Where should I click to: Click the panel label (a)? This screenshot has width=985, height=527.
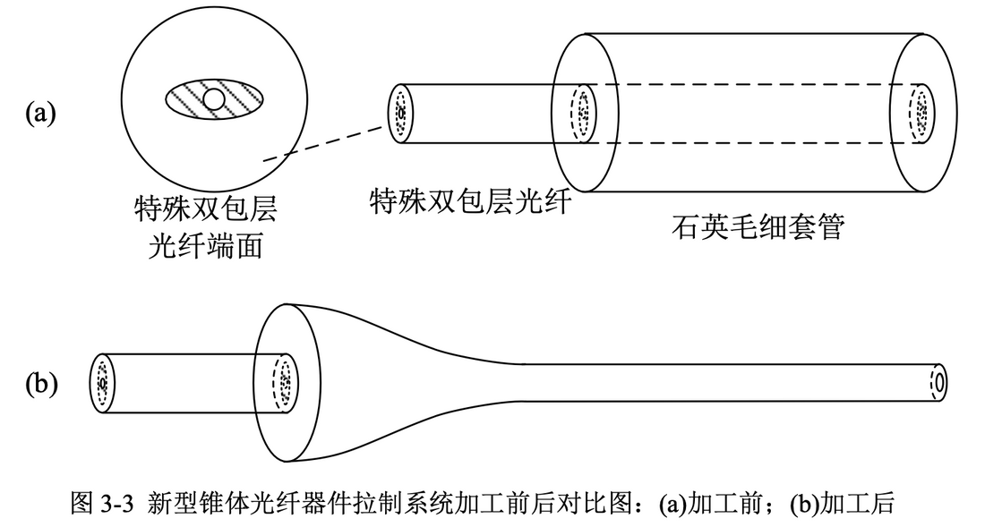(40, 114)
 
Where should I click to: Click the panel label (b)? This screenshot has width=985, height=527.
(40, 384)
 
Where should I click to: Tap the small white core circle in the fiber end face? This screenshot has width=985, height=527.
(214, 98)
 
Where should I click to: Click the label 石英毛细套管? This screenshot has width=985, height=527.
(757, 229)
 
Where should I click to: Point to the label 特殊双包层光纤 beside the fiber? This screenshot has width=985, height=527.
(470, 202)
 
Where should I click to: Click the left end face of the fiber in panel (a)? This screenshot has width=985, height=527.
(400, 114)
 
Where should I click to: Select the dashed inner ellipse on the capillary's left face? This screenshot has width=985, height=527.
(583, 114)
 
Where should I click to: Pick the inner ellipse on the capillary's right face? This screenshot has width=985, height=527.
(919, 114)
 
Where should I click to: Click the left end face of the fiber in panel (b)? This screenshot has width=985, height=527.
(103, 384)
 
